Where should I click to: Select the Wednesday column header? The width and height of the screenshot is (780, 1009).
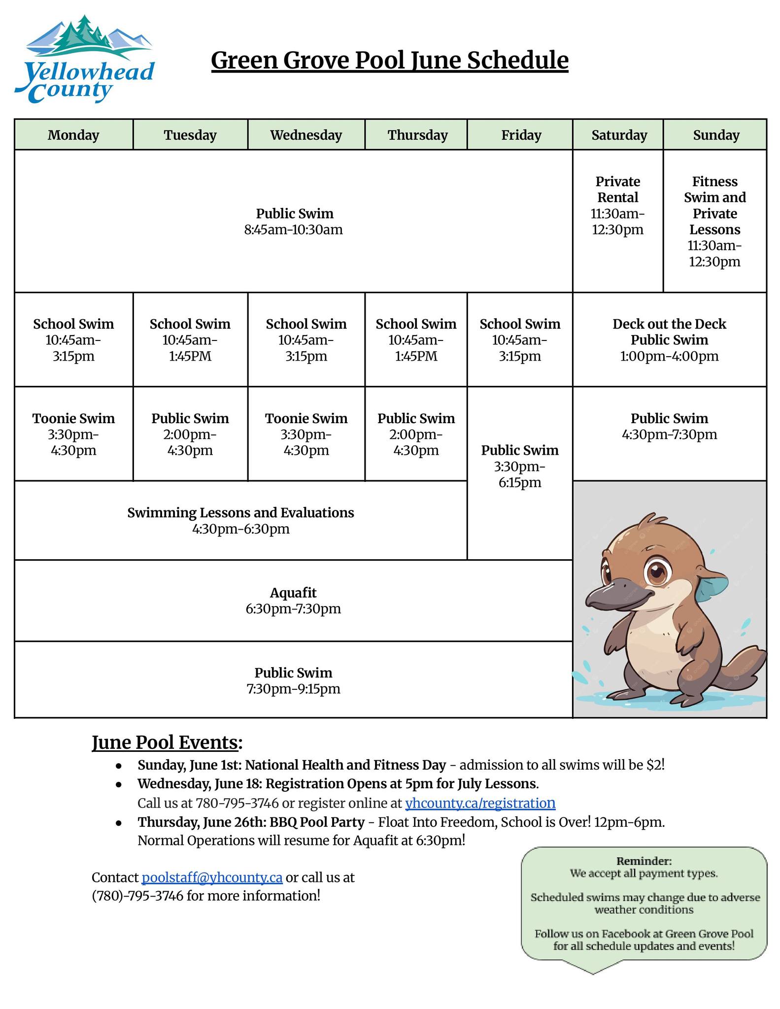pyautogui.click(x=306, y=135)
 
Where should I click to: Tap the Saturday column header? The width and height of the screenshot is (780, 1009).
pyautogui.click(x=619, y=135)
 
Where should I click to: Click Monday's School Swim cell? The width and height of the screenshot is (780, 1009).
pyautogui.click(x=73, y=340)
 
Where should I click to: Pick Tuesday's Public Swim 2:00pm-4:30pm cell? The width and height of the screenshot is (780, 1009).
pyautogui.click(x=190, y=434)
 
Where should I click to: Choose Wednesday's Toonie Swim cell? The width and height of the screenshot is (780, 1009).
pyautogui.click(x=306, y=434)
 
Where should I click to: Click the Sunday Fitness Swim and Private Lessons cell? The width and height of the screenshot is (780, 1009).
pyautogui.click(x=714, y=221)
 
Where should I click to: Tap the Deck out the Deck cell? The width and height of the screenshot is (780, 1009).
pyautogui.click(x=669, y=340)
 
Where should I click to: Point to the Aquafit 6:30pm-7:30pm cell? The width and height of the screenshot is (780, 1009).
pyautogui.click(x=293, y=601)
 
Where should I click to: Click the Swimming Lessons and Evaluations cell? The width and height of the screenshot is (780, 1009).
pyautogui.click(x=240, y=520)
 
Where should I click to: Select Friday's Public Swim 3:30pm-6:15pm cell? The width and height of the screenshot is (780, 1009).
pyautogui.click(x=520, y=466)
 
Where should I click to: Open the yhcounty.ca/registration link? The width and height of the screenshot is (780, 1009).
pyautogui.click(x=480, y=803)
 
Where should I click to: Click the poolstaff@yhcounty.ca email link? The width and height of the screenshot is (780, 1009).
pyautogui.click(x=212, y=877)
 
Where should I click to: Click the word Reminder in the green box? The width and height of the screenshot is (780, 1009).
pyautogui.click(x=644, y=861)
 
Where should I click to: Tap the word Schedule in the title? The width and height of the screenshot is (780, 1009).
pyautogui.click(x=517, y=61)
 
